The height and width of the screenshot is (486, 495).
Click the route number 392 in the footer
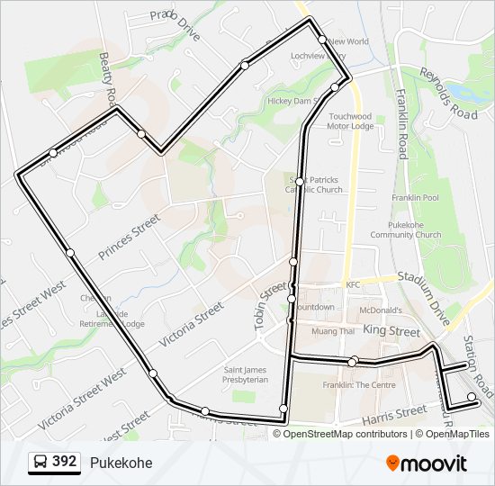(64, 462)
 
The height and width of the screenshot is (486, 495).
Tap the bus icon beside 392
(40, 463)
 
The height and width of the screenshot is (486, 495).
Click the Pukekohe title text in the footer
(121, 463)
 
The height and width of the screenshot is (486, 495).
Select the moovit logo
(427, 463)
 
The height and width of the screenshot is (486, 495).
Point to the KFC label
(353, 284)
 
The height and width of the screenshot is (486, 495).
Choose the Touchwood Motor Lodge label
(350, 121)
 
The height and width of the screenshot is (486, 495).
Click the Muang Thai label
(333, 331)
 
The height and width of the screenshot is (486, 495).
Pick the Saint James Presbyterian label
(246, 374)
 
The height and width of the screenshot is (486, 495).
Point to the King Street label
(392, 332)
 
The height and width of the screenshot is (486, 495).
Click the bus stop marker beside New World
(322, 40)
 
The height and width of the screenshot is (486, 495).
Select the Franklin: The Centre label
(359, 385)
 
